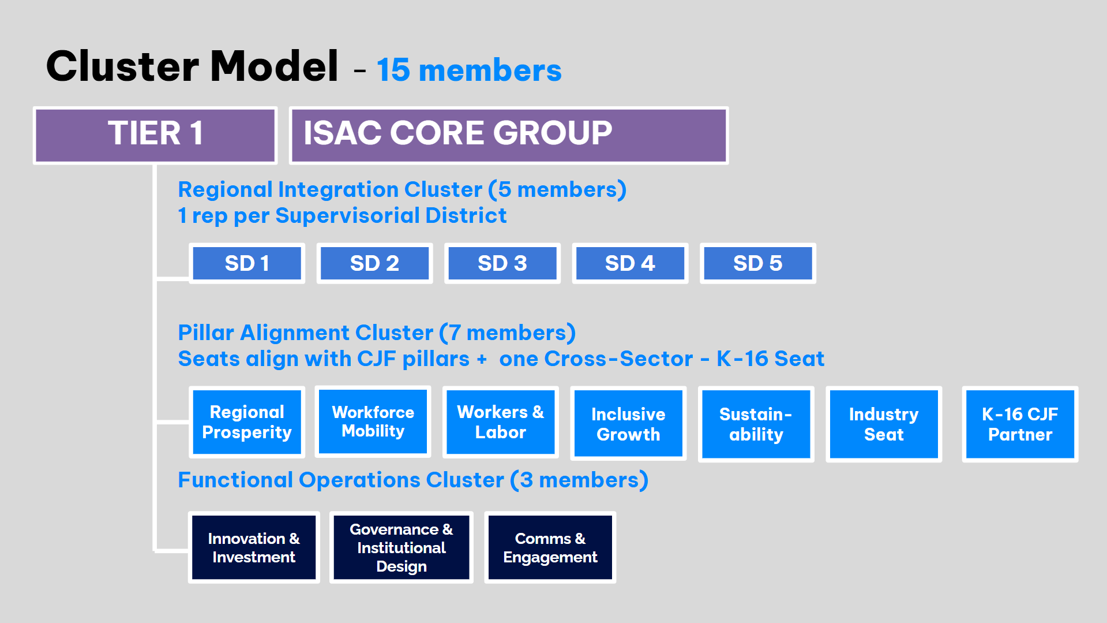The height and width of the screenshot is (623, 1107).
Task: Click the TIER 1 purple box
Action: (155, 135)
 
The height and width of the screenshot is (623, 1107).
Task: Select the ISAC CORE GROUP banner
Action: (508, 135)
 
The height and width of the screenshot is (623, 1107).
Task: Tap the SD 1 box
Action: (247, 263)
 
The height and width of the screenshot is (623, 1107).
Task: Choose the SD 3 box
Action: (502, 263)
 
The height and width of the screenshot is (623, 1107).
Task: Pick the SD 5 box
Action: (757, 263)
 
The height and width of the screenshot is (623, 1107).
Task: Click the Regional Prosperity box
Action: (247, 422)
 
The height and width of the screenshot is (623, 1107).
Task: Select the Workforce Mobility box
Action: (373, 421)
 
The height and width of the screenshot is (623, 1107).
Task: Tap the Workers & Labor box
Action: (500, 422)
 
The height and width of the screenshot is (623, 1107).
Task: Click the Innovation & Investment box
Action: (254, 547)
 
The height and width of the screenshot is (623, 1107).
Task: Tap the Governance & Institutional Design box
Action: (401, 547)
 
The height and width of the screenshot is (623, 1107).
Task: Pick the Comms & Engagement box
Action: (550, 547)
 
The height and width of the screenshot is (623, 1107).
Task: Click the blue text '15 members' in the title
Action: (469, 70)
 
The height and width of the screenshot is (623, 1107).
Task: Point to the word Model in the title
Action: (274, 66)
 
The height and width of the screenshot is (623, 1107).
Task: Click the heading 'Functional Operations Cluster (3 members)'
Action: (413, 480)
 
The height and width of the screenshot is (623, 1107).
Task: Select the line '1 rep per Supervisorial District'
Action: (342, 215)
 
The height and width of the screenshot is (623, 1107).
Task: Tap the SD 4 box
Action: (630, 263)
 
